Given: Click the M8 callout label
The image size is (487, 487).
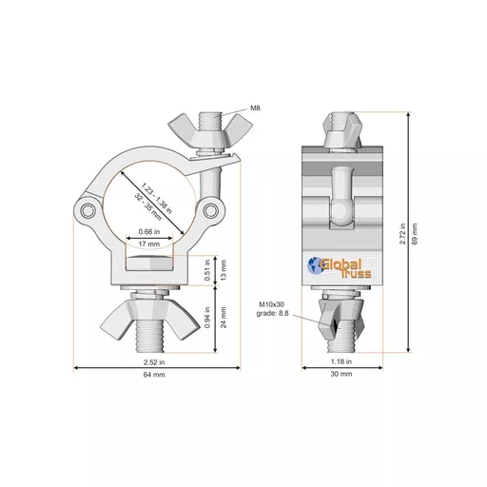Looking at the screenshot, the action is (255, 108).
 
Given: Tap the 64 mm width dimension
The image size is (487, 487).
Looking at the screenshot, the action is (154, 375).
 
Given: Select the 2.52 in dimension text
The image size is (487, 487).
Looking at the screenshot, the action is (154, 362).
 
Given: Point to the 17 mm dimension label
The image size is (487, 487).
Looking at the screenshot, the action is (149, 244).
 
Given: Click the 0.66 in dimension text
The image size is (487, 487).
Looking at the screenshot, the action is (149, 232).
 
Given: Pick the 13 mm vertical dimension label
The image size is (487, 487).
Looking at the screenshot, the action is (224, 270).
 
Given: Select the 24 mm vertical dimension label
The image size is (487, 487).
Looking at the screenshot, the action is (224, 318).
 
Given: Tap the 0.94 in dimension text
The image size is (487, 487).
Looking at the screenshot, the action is (207, 318).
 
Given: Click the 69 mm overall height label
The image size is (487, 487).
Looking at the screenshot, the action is (415, 234).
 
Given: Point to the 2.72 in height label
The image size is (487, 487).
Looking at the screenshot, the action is (402, 234).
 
